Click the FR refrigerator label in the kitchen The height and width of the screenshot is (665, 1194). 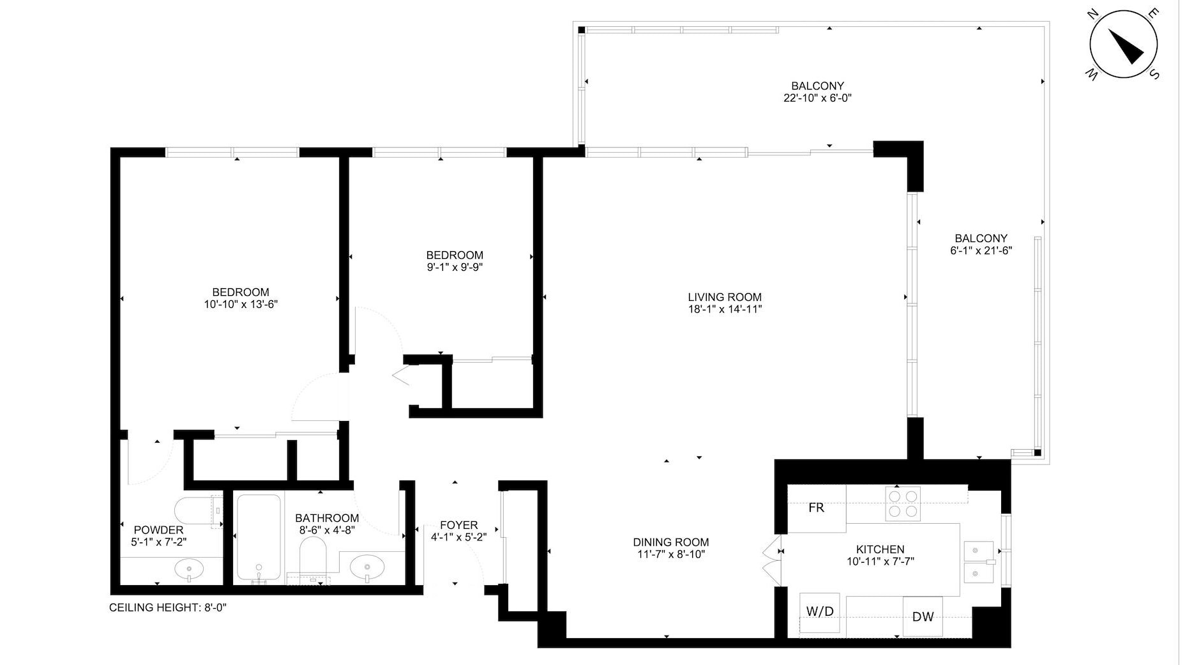816,508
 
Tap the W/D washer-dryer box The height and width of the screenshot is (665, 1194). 819,612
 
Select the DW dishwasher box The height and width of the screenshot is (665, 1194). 923,616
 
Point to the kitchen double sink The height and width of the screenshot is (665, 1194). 979,562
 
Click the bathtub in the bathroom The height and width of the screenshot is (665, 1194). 259,538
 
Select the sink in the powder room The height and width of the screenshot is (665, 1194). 189,567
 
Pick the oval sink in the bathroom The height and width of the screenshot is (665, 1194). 368,566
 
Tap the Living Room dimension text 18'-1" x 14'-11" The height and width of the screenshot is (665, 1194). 725,310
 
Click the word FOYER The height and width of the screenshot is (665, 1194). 458,525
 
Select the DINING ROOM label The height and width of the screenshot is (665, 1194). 670,542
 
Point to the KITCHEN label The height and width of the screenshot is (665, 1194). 880,549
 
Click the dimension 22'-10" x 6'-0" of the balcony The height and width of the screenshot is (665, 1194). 817,98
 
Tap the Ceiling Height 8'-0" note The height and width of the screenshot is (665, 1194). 168,608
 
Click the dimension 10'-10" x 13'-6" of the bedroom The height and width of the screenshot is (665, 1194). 241,305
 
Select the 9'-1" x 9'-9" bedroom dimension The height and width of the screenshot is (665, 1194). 455,268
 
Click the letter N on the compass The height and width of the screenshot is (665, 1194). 1093,15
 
